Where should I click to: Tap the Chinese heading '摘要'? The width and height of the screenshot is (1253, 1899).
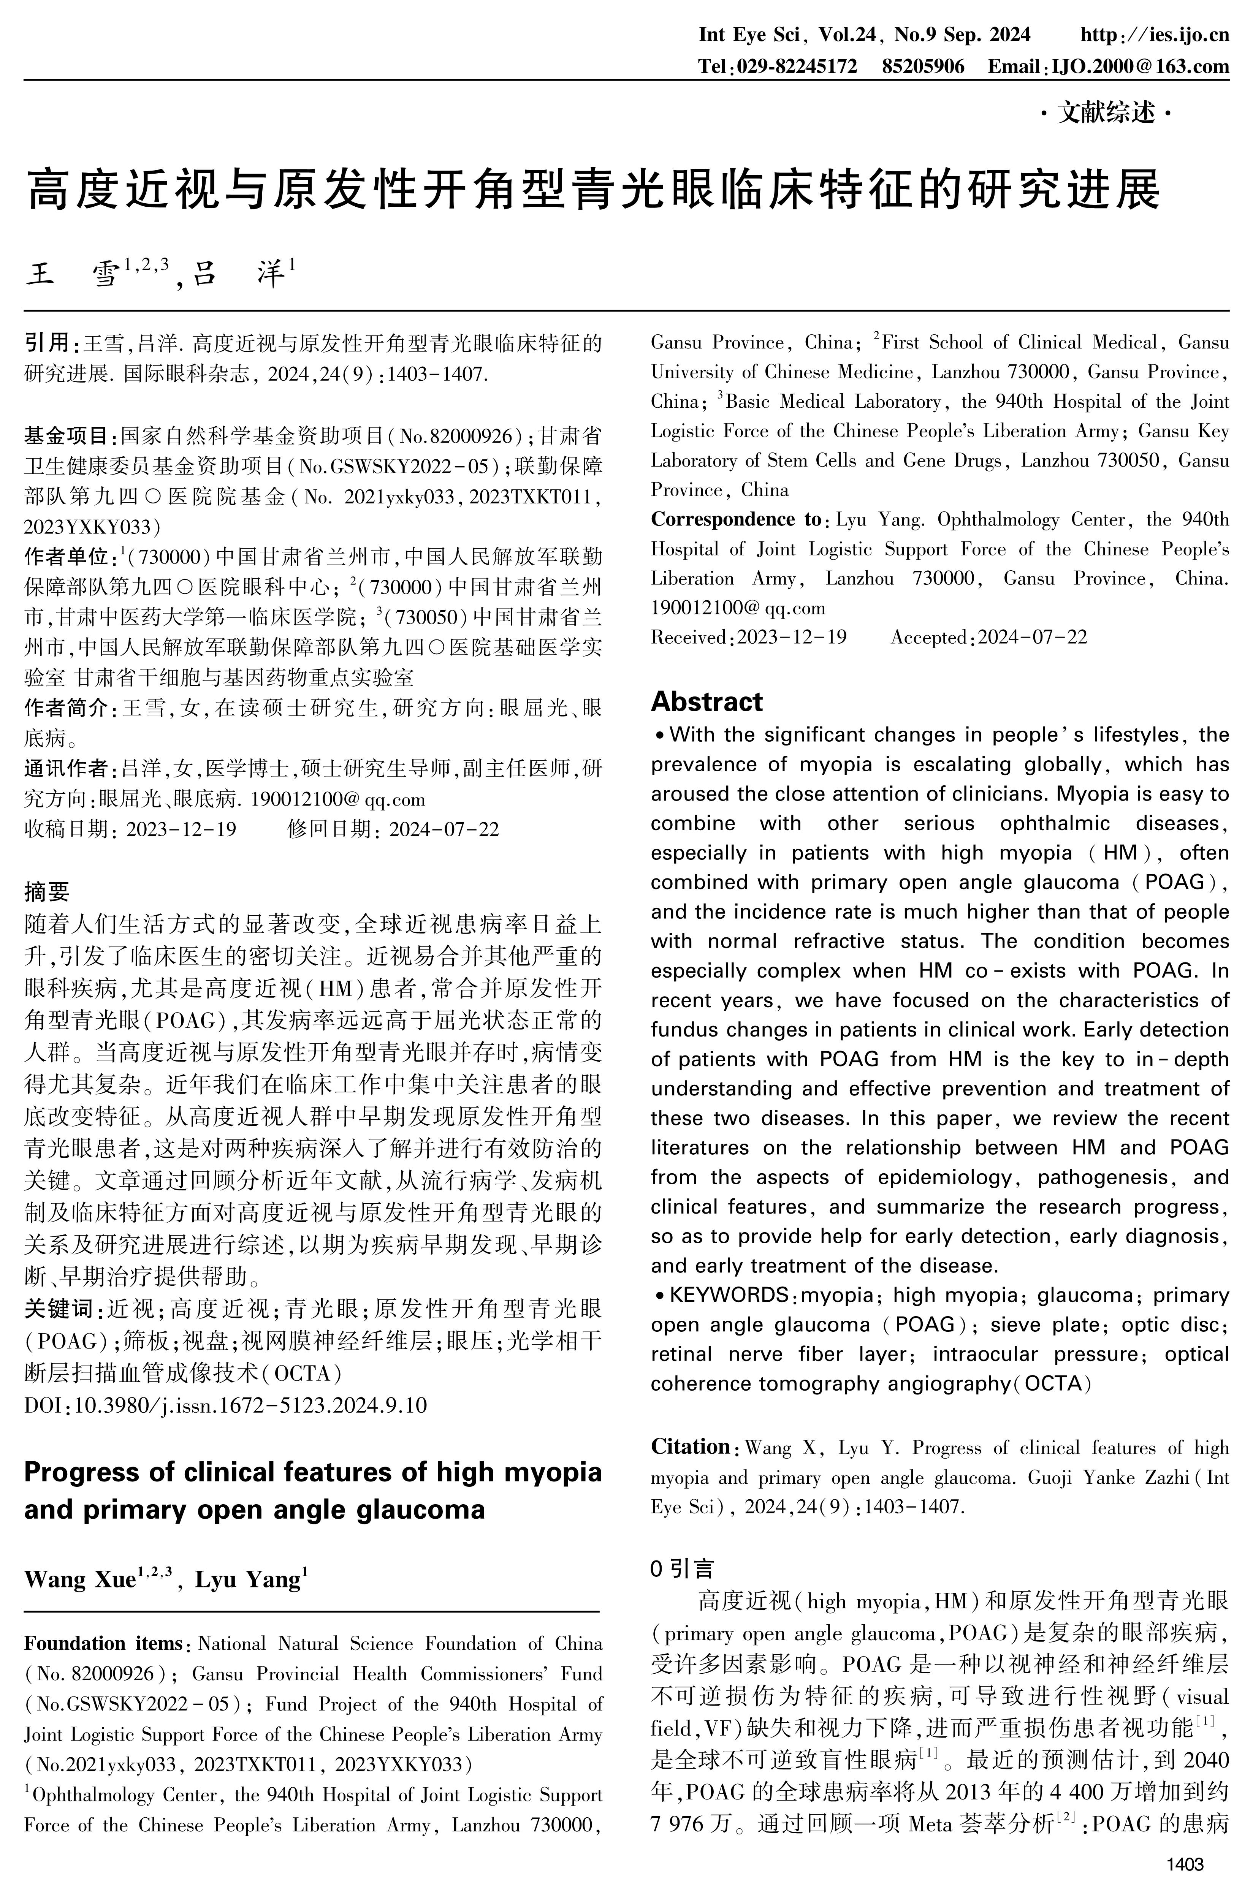pyautogui.click(x=47, y=892)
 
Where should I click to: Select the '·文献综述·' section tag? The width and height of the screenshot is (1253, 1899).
pyautogui.click(x=1105, y=114)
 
